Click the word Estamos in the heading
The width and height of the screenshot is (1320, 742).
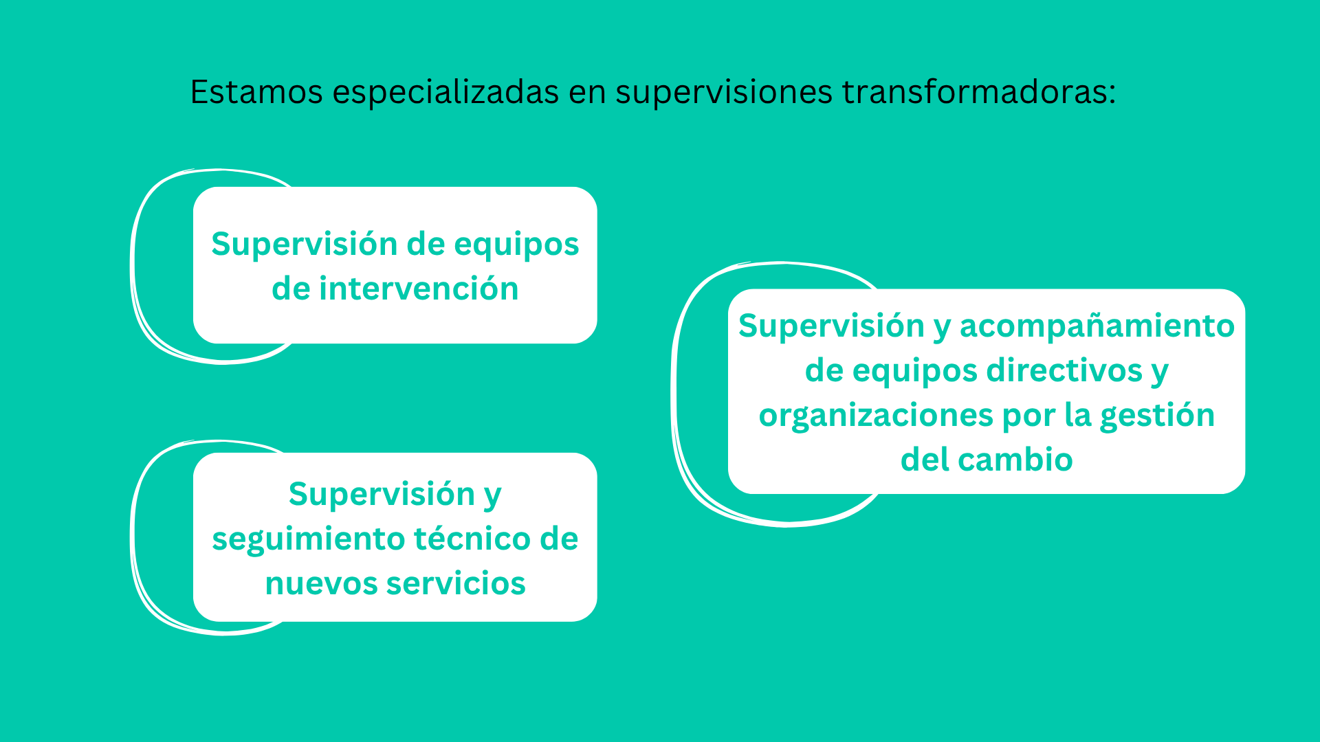point(256,91)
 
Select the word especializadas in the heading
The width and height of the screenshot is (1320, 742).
point(445,93)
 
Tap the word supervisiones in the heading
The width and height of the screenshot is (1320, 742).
point(724,93)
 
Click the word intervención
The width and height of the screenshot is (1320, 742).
point(419,288)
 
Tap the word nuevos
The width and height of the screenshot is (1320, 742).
point(320,584)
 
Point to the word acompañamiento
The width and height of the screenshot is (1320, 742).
point(1097,327)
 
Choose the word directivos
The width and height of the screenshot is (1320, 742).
point(1064,370)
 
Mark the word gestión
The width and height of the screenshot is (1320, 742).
point(1157,416)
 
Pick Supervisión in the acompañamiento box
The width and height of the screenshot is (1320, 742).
point(831,327)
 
